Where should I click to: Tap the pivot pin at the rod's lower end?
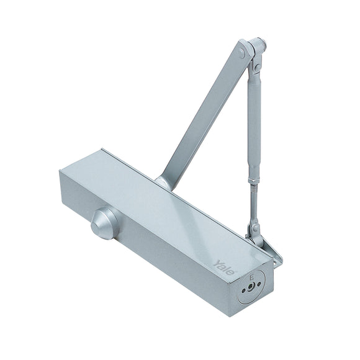coord(254,229)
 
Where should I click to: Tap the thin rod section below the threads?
coord(254,211)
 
